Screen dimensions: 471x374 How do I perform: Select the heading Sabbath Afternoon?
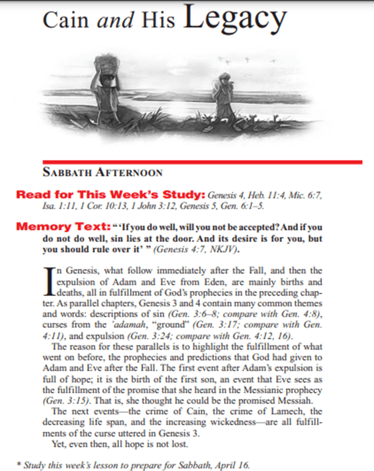[102, 172]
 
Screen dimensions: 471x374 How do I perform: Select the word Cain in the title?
[67, 21]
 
